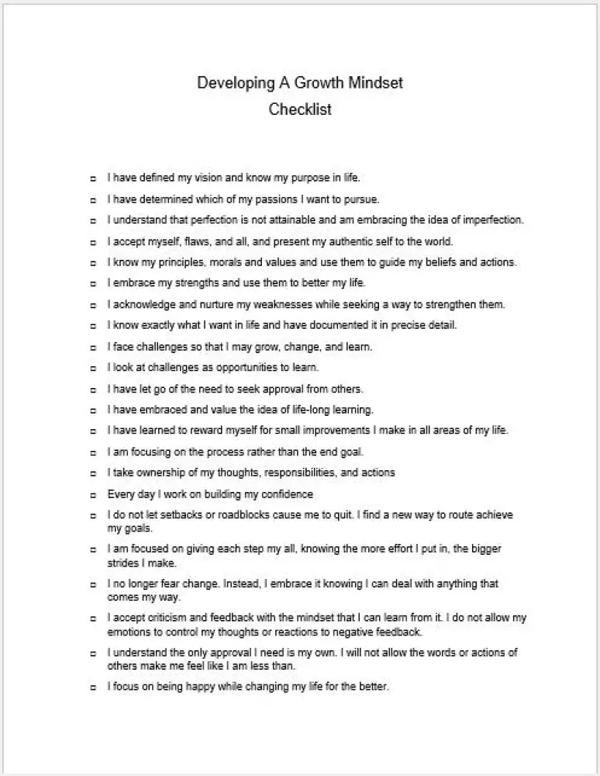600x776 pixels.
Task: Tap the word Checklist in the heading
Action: (x=300, y=109)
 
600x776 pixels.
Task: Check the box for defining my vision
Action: (x=93, y=178)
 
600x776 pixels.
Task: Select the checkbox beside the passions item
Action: (x=93, y=199)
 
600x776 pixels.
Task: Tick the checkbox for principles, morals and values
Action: (x=93, y=262)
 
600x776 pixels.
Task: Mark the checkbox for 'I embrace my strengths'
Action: (x=93, y=283)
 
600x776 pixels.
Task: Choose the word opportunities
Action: (x=247, y=367)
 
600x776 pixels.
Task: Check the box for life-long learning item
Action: (x=93, y=410)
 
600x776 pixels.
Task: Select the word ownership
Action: (x=153, y=473)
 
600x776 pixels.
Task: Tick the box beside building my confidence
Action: (x=93, y=494)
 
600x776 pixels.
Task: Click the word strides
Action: (x=122, y=563)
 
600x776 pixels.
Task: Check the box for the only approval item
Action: (x=93, y=653)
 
